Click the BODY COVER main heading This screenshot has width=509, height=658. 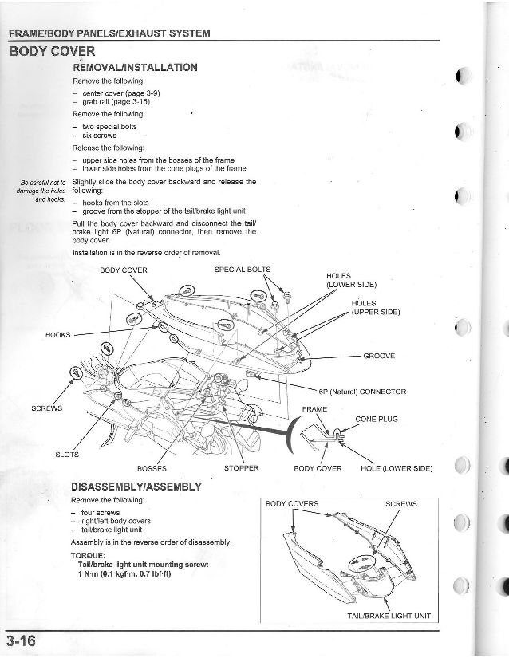(x=51, y=53)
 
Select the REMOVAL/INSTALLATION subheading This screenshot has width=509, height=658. (x=135, y=68)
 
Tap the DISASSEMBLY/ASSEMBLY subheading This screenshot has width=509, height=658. (x=136, y=487)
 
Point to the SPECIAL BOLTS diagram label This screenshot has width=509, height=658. (x=243, y=269)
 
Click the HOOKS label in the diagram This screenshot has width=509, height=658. (x=58, y=335)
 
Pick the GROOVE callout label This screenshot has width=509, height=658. (x=379, y=355)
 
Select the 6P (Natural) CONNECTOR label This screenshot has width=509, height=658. (x=363, y=392)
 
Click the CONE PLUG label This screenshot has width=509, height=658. (x=376, y=419)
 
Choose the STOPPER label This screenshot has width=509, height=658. (x=242, y=468)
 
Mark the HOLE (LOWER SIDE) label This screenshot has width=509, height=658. (x=397, y=468)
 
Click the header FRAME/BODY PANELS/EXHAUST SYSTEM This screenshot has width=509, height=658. (x=109, y=33)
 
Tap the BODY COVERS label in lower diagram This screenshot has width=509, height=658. (x=292, y=504)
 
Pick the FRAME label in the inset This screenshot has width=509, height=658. (x=315, y=409)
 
